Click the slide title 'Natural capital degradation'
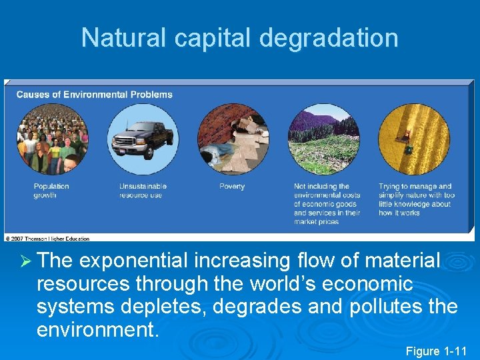coord(239,38)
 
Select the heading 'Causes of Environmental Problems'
coord(94,95)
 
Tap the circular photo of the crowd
coord(52,139)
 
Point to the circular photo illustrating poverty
coord(233,139)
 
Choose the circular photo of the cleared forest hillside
coord(323,139)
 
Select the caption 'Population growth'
coord(51,191)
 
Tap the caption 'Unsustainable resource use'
coord(143,191)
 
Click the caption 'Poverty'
coord(232,187)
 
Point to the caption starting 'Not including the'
coord(327,204)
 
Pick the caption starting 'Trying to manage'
coord(416,199)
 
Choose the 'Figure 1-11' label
coord(437,351)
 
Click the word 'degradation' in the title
coord(329,38)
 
